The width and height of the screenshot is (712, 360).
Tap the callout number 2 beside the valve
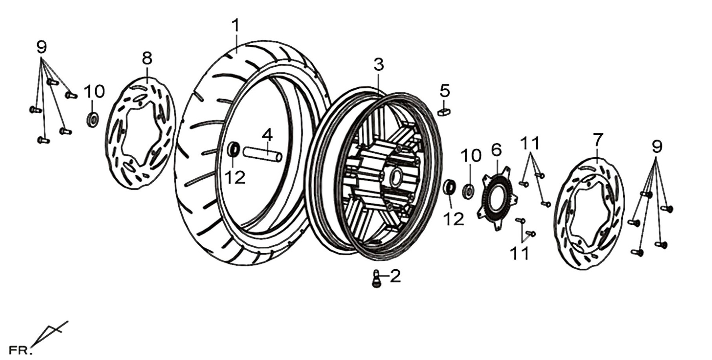395,276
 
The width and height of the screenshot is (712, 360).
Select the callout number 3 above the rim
379,64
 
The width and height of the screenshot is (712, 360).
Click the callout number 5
445,91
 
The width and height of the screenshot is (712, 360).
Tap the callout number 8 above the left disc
147,58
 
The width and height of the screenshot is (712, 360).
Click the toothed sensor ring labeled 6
497,199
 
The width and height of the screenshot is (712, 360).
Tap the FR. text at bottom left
20,351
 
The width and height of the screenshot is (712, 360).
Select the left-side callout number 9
41,47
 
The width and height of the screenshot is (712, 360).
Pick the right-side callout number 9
657,147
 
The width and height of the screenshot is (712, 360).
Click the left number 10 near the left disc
94,92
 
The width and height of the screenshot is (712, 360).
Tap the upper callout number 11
530,143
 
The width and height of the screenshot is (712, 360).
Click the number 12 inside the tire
235,177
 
